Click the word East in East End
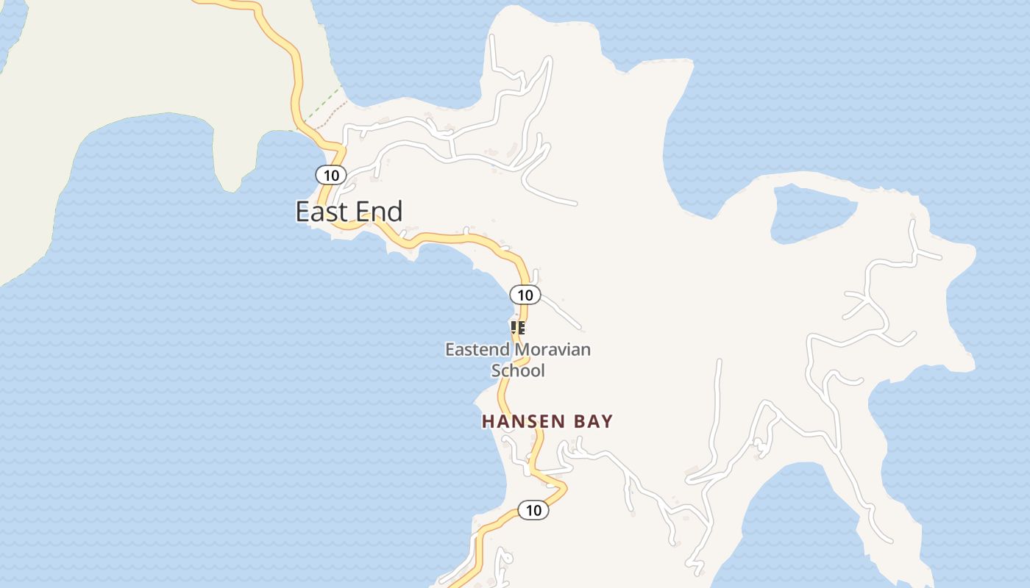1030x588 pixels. click(x=322, y=212)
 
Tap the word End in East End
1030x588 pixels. click(x=378, y=212)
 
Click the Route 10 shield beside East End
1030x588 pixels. click(x=331, y=175)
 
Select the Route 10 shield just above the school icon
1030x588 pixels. click(x=525, y=295)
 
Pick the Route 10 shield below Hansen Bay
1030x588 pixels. click(x=533, y=510)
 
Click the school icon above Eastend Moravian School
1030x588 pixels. click(x=518, y=328)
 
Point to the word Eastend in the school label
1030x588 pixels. click(x=476, y=349)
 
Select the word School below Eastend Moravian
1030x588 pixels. click(x=518, y=370)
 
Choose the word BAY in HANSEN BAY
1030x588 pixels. click(x=593, y=422)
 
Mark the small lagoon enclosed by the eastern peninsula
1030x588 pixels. click(x=813, y=213)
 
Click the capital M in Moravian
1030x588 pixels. click(x=517, y=349)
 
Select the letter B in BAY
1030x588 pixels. click(x=578, y=422)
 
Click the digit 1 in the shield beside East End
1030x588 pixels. click(x=327, y=175)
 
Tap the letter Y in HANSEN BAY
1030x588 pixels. click(x=607, y=422)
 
